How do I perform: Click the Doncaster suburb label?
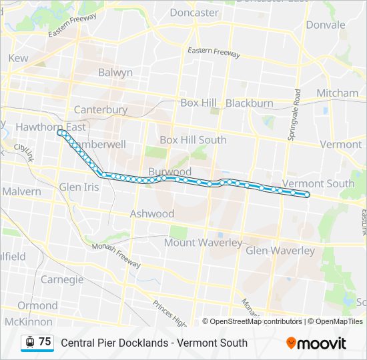coord(194,12)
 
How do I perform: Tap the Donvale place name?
coord(326,25)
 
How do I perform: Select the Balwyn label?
coord(115,72)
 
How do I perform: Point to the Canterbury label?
coord(101,109)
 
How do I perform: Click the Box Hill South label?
coord(193,140)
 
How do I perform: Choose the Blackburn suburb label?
coord(250,103)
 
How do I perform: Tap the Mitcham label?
coord(337,93)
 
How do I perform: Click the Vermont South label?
coord(319,183)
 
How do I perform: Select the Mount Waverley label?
coord(203,243)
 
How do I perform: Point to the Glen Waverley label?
coord(280,251)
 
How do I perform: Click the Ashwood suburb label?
coord(152,214)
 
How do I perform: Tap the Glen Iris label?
coord(79,187)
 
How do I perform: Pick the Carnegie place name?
coord(62,279)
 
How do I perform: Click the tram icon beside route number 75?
coord(29,342)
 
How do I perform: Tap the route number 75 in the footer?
coord(45,342)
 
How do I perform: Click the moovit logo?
coord(316,343)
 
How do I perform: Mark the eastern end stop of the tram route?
coord(307,195)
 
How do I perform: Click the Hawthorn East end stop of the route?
coord(60,133)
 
